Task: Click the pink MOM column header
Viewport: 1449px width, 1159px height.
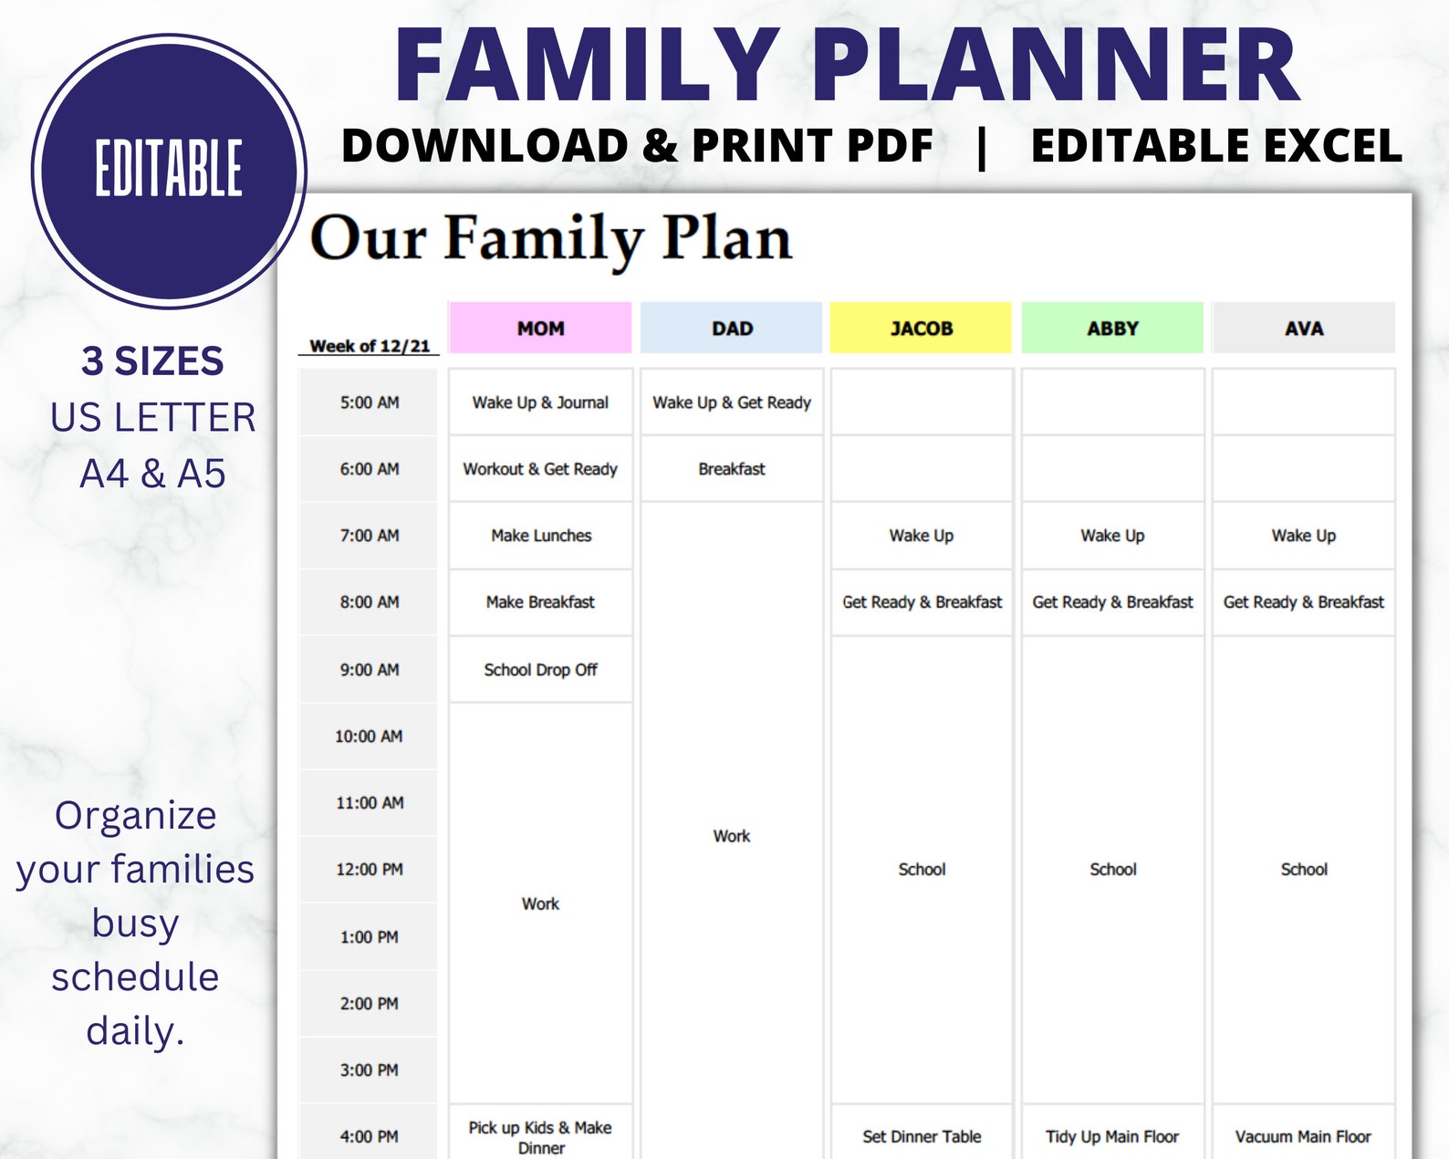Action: [x=540, y=328]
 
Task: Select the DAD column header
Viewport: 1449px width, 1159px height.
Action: [x=732, y=328]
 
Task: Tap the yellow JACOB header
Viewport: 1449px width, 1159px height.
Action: [x=922, y=328]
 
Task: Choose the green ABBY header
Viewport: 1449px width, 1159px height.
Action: [x=1112, y=328]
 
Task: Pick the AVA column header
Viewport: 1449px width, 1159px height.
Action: [x=1303, y=328]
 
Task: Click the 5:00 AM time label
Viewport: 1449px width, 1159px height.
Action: [x=370, y=402]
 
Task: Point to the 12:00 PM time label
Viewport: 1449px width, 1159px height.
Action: [x=370, y=870]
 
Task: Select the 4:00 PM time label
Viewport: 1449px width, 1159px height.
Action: [x=370, y=1136]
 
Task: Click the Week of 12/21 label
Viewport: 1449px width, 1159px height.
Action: [x=370, y=346]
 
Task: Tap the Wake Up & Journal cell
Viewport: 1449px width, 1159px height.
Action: [x=540, y=402]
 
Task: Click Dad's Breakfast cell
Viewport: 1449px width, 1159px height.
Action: [x=732, y=469]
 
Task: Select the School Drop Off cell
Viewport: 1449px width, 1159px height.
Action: [x=540, y=670]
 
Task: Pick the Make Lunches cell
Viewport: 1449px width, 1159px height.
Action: [x=540, y=536]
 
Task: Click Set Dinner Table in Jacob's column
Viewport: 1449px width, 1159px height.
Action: [x=922, y=1136]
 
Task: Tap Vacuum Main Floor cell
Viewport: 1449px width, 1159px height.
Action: [x=1303, y=1136]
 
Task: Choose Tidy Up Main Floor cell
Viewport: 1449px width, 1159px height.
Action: [x=1112, y=1136]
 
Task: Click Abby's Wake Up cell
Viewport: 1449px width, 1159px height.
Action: [x=1112, y=536]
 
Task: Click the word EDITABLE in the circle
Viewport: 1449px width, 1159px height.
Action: [x=169, y=170]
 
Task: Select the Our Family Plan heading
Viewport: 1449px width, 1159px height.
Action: [x=551, y=239]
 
